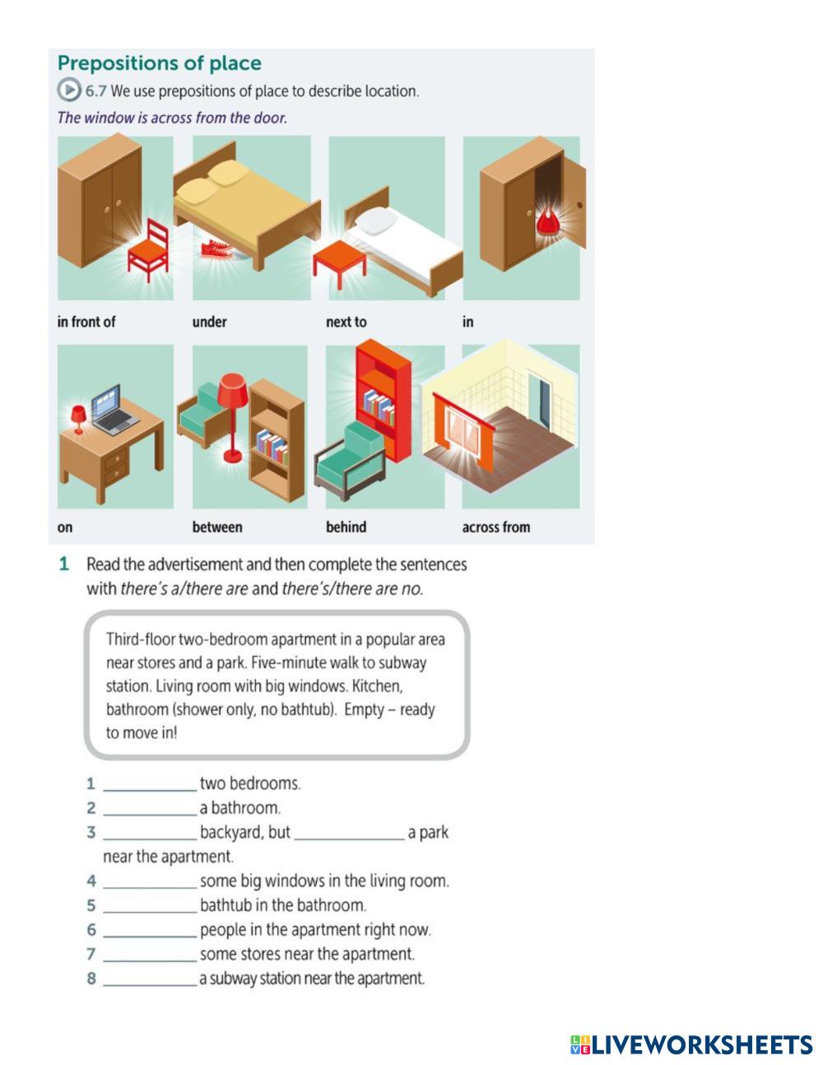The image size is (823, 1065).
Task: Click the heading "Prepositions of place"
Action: tap(159, 63)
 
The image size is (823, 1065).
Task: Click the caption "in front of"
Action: tap(86, 322)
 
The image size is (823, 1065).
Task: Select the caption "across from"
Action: tap(495, 528)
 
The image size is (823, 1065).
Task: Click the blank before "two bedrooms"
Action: tap(150, 784)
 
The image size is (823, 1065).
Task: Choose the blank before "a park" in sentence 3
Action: tap(349, 833)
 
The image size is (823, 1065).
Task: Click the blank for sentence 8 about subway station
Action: tap(150, 979)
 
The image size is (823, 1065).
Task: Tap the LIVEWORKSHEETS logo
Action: tap(691, 1045)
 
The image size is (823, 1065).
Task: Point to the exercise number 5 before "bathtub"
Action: tap(91, 905)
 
